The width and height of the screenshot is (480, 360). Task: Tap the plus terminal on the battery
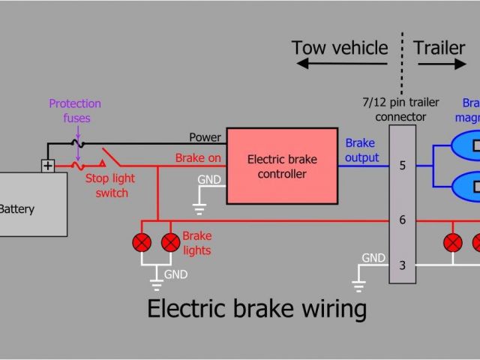(x=48, y=166)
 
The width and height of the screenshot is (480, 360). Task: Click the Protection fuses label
(x=75, y=110)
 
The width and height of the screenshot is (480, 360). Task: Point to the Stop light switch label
(x=106, y=186)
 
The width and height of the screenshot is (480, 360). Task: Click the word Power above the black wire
(x=205, y=137)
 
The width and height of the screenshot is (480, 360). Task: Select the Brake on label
(x=198, y=158)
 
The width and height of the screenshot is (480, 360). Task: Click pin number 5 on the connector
(x=402, y=166)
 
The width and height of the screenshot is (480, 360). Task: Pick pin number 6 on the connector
(x=402, y=220)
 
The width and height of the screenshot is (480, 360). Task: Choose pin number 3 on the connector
(x=402, y=265)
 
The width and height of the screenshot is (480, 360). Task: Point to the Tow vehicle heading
(x=340, y=49)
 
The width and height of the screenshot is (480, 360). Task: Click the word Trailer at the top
(x=439, y=49)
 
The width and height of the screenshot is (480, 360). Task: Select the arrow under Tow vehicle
(x=342, y=64)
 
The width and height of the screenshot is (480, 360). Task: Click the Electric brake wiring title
(x=256, y=309)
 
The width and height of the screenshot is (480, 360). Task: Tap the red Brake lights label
(x=196, y=243)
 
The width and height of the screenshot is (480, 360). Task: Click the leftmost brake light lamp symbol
(x=142, y=242)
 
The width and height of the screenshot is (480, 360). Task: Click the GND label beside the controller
(x=209, y=180)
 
